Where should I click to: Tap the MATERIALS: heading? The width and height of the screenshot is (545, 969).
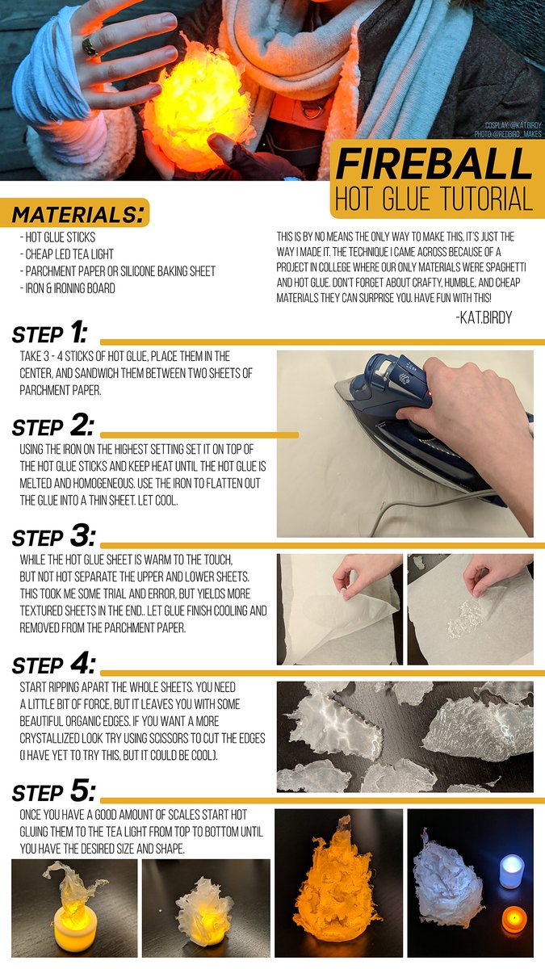click(78, 215)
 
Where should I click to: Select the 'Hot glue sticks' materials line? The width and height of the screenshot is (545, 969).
click(57, 237)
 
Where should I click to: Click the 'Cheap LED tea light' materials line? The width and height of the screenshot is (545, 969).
click(66, 254)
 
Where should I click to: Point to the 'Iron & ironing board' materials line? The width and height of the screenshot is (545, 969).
click(68, 288)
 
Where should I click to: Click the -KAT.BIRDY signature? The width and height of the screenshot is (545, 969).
click(484, 317)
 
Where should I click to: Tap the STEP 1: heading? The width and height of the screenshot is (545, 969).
click(50, 333)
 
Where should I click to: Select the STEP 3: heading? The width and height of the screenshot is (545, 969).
click(53, 536)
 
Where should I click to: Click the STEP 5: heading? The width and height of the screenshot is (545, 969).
click(53, 791)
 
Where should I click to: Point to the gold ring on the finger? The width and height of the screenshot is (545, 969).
click(90, 47)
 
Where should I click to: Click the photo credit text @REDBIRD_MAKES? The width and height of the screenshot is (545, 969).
click(508, 134)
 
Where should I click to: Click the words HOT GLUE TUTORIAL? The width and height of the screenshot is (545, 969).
click(434, 199)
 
